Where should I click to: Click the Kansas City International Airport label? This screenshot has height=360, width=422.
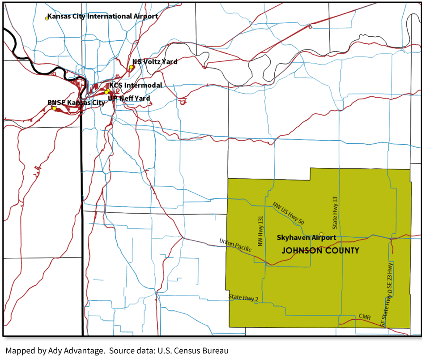pyautogui.click(x=102, y=16)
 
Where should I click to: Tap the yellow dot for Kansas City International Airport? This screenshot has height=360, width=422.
pyautogui.click(x=47, y=18)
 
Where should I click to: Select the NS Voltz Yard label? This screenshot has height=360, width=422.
pyautogui.click(x=155, y=61)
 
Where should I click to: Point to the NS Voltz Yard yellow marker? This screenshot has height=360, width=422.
pyautogui.click(x=131, y=67)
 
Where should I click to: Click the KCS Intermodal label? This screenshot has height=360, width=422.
pyautogui.click(x=136, y=85)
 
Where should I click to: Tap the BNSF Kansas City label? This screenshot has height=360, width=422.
pyautogui.click(x=76, y=103)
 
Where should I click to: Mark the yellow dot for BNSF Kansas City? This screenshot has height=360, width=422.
pyautogui.click(x=54, y=108)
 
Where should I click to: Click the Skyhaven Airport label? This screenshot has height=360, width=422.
pyautogui.click(x=306, y=237)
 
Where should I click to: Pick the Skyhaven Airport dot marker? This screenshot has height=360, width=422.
pyautogui.click(x=321, y=234)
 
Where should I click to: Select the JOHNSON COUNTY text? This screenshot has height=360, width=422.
pyautogui.click(x=320, y=251)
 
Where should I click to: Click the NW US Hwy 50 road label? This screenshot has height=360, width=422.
pyautogui.click(x=289, y=213)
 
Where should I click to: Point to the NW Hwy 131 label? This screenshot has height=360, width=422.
pyautogui.click(x=259, y=231)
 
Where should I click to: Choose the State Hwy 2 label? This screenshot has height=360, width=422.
pyautogui.click(x=243, y=297)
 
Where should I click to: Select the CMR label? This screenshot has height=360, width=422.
pyautogui.click(x=364, y=317)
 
